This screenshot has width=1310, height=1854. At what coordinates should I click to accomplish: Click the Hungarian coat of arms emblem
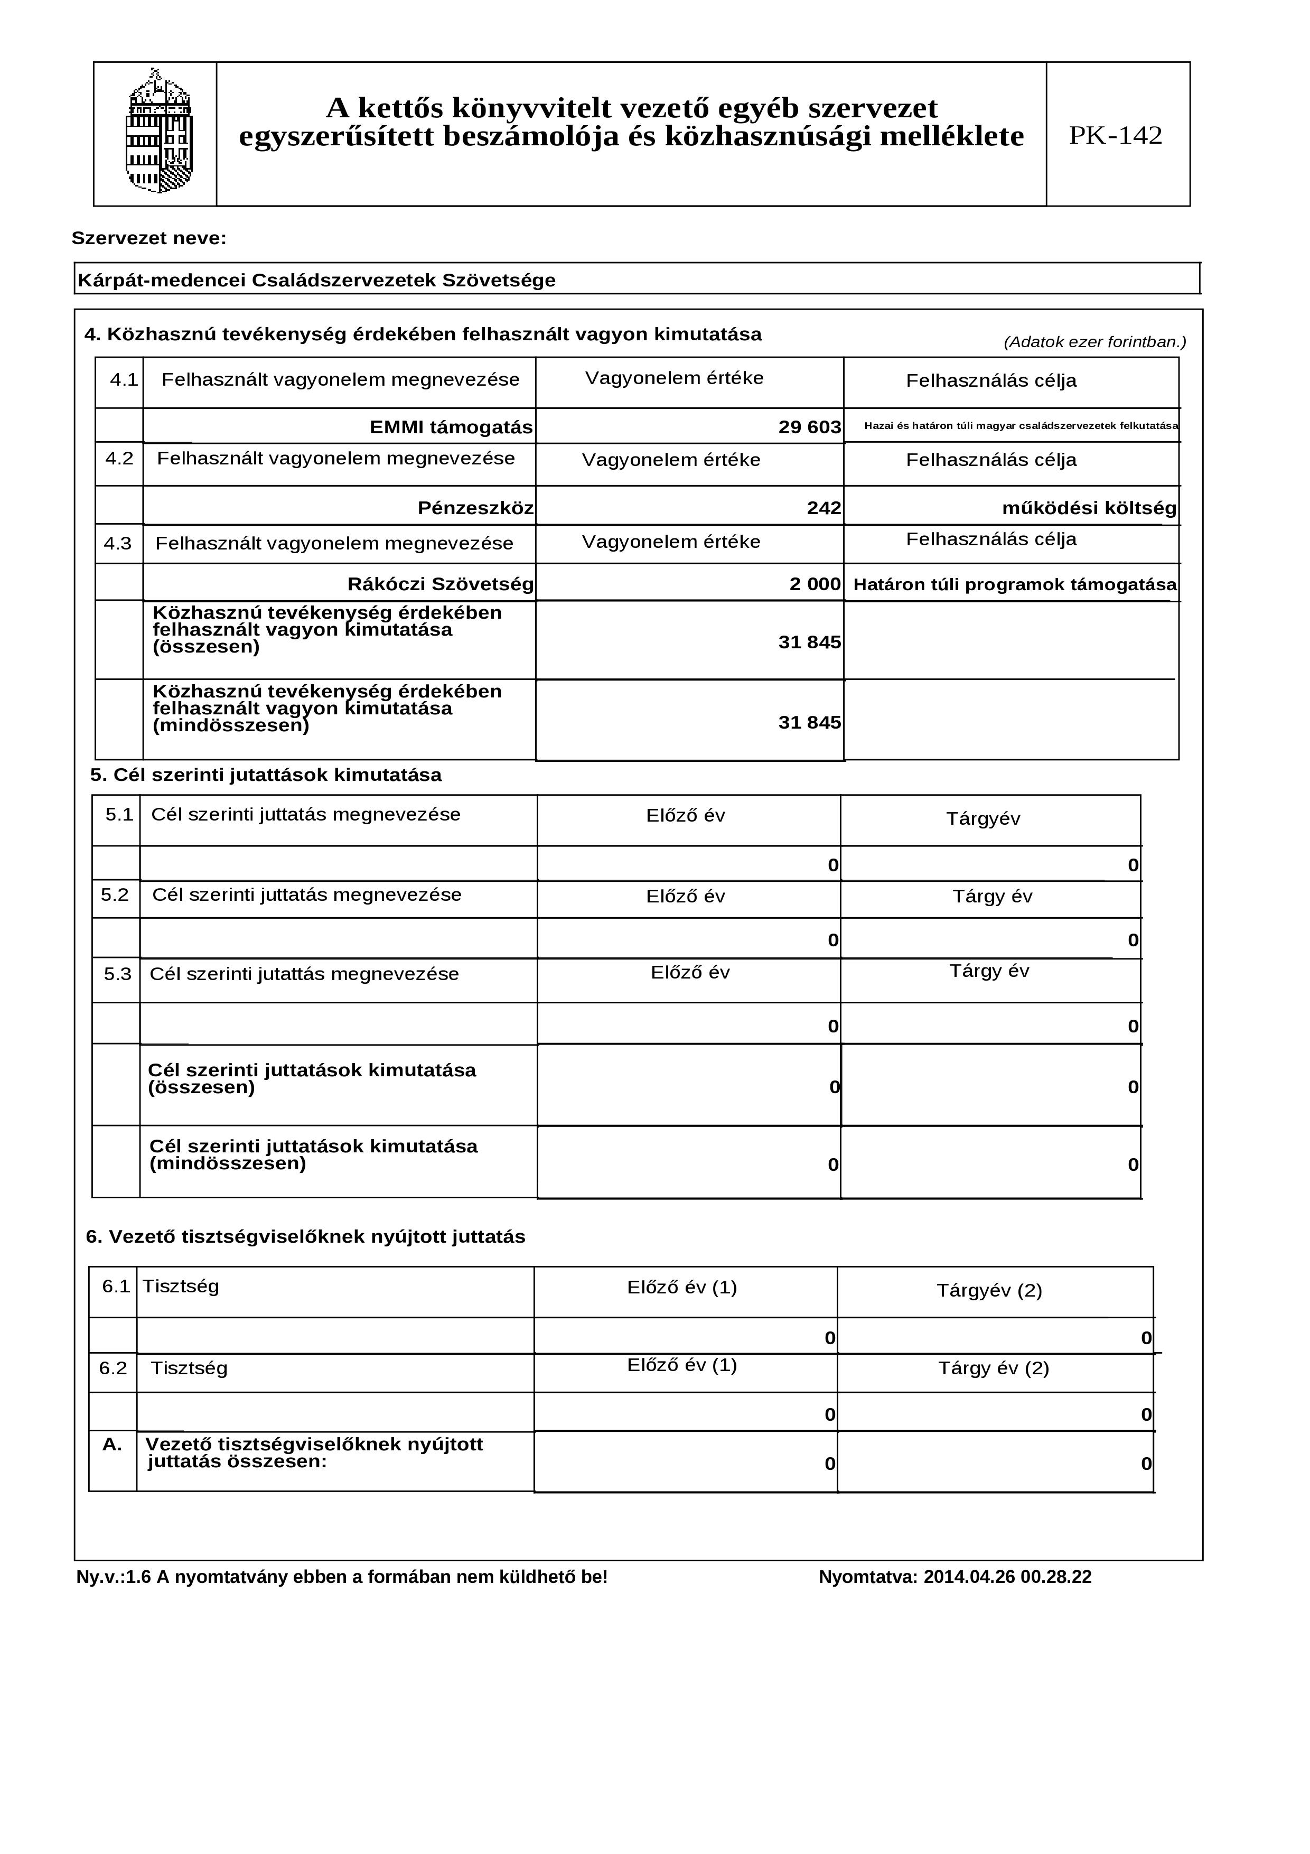tap(159, 133)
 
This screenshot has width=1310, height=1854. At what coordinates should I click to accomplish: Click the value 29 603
tap(810, 427)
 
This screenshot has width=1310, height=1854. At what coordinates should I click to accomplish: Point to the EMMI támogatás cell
tap(451, 427)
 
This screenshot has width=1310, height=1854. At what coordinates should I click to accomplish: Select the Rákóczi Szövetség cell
tap(440, 584)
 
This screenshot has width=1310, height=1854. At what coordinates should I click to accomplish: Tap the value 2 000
tap(815, 584)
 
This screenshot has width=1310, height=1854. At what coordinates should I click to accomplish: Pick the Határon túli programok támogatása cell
tap(1015, 584)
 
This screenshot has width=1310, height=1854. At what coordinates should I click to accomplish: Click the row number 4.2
tap(119, 459)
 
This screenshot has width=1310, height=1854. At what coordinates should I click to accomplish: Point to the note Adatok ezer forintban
tap(1094, 342)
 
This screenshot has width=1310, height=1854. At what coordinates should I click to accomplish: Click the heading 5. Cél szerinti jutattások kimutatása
tap(266, 775)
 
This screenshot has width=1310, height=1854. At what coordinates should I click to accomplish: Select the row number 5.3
tap(118, 974)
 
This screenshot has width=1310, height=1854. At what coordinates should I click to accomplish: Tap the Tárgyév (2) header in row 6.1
tap(989, 1290)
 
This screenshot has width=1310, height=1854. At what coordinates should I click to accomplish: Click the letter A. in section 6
tap(112, 1445)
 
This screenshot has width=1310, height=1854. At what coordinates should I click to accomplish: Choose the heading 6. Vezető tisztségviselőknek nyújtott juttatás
tap(305, 1236)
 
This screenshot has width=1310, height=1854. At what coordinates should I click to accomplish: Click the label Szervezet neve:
tap(149, 238)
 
